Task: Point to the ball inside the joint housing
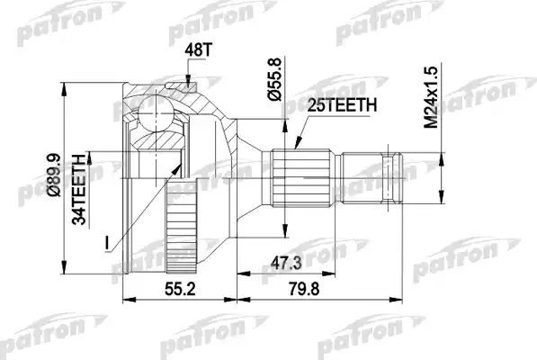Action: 156,113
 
